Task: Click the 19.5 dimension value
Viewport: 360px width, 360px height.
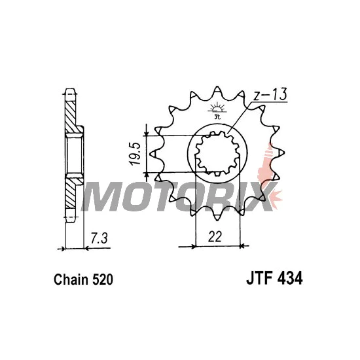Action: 135,154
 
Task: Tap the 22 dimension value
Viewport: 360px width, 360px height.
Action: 215,236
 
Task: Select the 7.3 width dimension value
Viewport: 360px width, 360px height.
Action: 99,238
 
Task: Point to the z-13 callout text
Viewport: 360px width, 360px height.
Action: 270,94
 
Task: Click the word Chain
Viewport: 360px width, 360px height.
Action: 71,279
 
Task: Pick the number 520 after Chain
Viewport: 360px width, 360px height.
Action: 103,279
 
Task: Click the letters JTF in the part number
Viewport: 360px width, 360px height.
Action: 260,278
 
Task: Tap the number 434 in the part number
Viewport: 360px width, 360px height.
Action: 290,278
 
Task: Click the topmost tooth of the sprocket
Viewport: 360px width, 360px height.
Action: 217,92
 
